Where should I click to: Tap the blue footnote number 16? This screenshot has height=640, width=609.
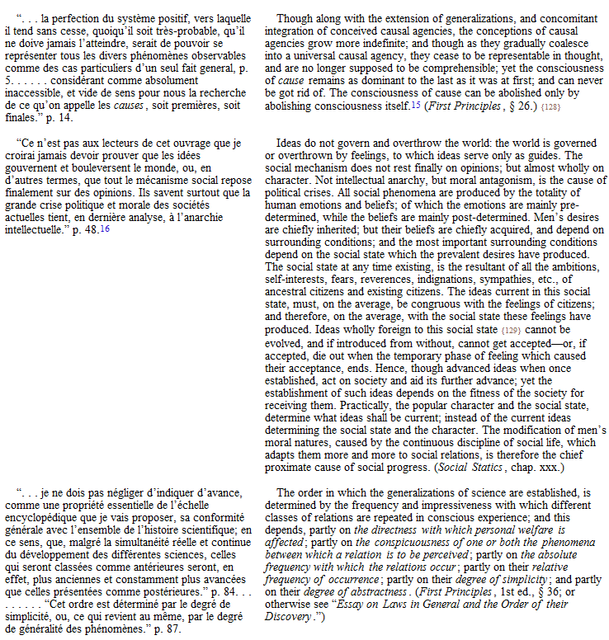click(x=105, y=228)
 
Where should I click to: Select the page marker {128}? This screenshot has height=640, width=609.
click(x=528, y=106)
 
